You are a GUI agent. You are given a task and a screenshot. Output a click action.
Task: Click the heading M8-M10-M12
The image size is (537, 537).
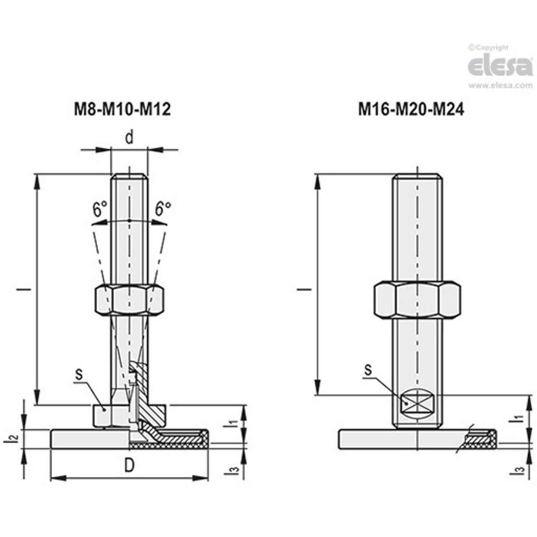[122, 109]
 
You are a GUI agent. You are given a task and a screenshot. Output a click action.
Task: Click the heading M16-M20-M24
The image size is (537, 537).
[411, 109]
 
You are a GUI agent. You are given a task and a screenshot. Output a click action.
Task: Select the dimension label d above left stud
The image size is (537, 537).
[129, 138]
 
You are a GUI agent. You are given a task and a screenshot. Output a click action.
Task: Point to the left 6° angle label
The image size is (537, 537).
[100, 208]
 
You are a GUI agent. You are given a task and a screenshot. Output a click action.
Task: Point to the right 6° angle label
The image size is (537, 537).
[163, 208]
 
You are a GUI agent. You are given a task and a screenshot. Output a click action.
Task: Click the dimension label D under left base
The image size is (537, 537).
[129, 466]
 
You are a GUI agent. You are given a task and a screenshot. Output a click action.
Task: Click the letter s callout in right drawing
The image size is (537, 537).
[367, 370]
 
